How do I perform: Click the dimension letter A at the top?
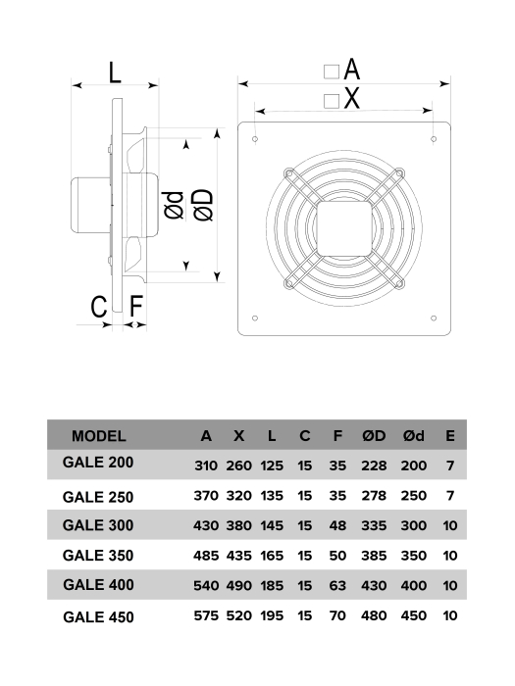(x=352, y=70)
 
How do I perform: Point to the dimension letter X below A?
(x=352, y=98)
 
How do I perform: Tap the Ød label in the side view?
(x=173, y=204)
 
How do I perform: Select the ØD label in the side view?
(x=203, y=204)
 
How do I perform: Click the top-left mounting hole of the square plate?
(x=256, y=140)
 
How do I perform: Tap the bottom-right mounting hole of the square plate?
(x=434, y=318)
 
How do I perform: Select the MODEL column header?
(x=98, y=436)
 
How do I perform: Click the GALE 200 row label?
(x=97, y=463)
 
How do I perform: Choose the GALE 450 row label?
(x=97, y=617)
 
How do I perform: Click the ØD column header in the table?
(x=374, y=436)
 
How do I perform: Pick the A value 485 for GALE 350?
(x=206, y=557)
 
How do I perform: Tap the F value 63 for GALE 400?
(x=337, y=587)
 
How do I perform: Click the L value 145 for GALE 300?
(x=272, y=526)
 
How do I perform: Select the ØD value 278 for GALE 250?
(x=374, y=496)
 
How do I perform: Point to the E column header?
(x=449, y=436)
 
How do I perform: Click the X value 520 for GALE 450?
(x=238, y=617)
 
